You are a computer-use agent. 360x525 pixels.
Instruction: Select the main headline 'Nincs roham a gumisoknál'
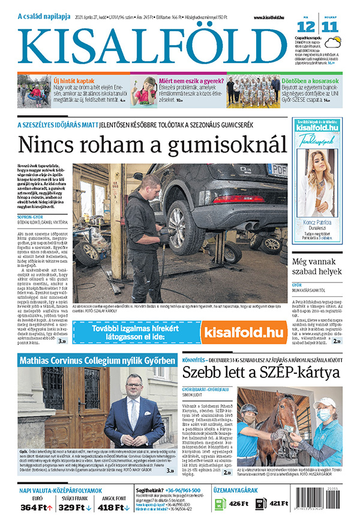152,145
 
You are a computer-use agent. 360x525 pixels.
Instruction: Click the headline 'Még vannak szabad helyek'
324,267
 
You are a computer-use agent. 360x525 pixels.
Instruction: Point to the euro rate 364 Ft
37,508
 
